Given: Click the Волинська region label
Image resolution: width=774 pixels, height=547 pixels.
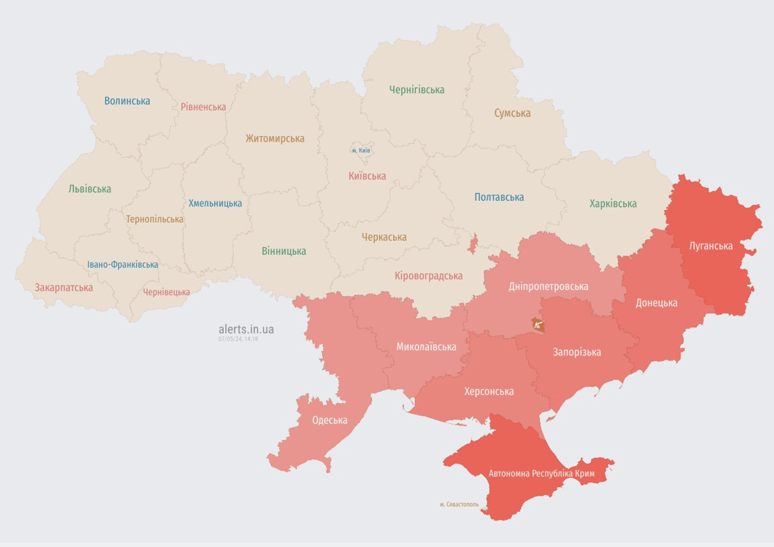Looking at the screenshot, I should (x=127, y=101).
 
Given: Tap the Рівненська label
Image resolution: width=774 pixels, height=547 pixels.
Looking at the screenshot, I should (x=203, y=107).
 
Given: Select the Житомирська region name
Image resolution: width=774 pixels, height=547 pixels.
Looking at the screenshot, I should (x=274, y=139).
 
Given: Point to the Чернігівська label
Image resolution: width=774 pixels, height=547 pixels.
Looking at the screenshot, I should (x=416, y=90).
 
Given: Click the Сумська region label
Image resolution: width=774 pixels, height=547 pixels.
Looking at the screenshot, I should (x=512, y=113).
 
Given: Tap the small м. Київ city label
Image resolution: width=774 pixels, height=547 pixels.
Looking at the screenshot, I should (x=361, y=150).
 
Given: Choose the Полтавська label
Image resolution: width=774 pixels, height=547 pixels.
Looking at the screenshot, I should (x=499, y=197).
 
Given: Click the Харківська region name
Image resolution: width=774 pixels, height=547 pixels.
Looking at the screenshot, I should (x=612, y=204).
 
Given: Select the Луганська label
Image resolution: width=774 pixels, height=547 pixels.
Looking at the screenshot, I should (x=711, y=246).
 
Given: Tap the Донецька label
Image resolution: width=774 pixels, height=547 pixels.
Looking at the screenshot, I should (x=656, y=303).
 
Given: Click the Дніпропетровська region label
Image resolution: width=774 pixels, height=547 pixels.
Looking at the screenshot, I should (x=548, y=286).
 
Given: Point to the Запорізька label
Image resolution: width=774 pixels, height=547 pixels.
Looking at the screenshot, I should (x=577, y=352).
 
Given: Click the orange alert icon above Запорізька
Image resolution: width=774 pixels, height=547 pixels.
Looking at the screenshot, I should (x=538, y=325).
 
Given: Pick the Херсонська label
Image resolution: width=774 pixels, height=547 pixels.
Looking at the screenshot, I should (x=488, y=392).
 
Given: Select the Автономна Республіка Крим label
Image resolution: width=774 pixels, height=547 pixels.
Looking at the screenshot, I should (x=541, y=474).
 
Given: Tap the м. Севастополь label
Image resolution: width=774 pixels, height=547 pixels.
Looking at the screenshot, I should (x=459, y=504).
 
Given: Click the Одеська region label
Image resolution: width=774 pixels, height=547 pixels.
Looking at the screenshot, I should (x=329, y=420).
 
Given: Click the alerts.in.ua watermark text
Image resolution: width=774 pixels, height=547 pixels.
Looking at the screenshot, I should (x=246, y=329).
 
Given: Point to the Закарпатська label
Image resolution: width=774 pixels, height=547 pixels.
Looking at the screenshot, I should (x=63, y=288).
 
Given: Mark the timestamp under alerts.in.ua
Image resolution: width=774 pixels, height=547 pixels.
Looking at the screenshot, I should (x=238, y=339).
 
